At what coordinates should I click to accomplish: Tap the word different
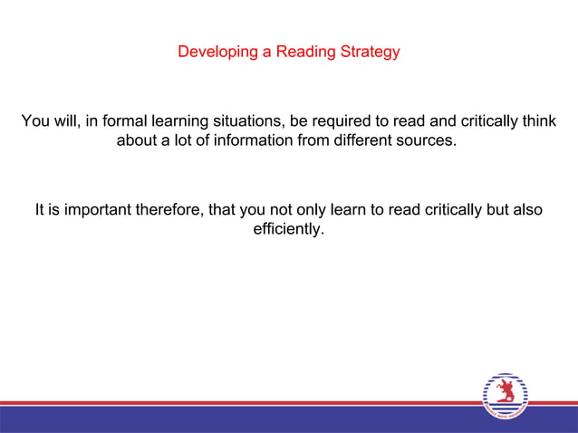(363, 141)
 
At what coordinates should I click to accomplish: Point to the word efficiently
(288, 230)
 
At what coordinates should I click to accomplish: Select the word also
(526, 210)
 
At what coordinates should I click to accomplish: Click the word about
(136, 141)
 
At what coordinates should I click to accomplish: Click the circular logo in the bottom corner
(505, 396)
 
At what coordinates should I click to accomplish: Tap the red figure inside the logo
(505, 392)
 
